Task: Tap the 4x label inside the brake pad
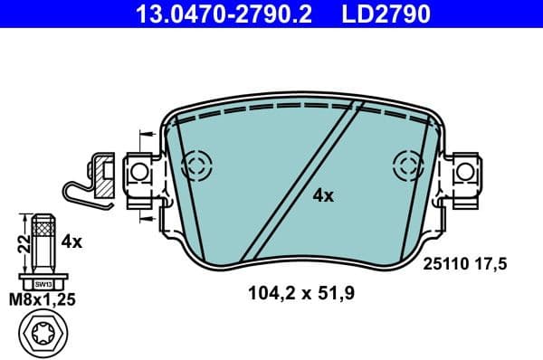click(323, 195)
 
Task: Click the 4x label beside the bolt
click(71, 242)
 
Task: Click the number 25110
click(443, 263)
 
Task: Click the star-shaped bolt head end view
click(43, 335)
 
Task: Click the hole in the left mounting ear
click(138, 170)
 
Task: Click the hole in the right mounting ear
click(464, 169)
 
